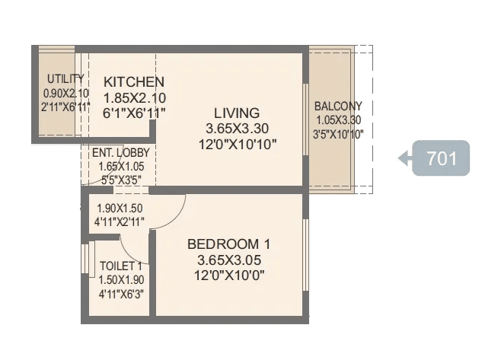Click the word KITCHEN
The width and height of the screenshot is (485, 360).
(134, 82)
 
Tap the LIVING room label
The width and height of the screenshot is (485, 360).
(236, 113)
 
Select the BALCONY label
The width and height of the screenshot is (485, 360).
(338, 107)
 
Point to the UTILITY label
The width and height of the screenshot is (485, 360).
(61, 79)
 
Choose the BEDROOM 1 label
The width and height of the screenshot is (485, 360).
(228, 244)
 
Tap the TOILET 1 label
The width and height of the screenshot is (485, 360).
(121, 266)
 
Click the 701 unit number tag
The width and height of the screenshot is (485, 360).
(441, 158)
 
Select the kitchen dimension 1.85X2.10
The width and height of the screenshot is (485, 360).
(134, 97)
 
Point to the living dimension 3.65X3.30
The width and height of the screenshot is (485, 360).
(236, 128)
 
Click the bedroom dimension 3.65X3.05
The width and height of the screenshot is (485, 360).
(228, 260)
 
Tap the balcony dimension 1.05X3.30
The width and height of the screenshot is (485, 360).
(338, 120)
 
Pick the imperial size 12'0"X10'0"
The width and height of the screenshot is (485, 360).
(228, 275)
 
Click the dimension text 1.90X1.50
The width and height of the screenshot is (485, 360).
(120, 208)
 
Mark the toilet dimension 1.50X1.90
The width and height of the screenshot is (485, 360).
(121, 279)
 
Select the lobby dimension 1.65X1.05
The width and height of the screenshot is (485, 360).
(116, 166)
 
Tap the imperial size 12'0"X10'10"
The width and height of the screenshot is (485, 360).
(236, 143)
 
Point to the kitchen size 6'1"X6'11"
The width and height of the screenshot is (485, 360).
(134, 113)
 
